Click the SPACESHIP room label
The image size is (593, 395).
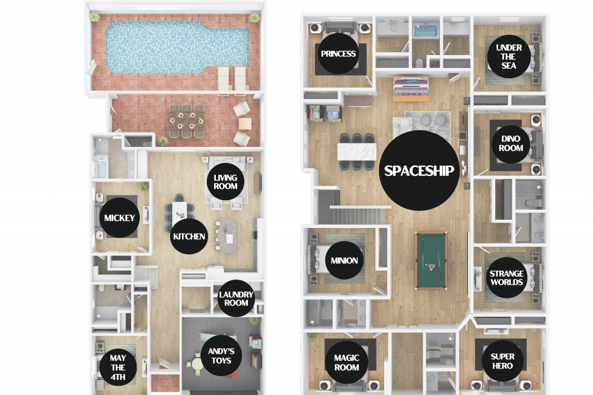[419, 171]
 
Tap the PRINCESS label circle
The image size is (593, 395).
[339, 54]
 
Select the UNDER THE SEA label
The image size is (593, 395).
[509, 57]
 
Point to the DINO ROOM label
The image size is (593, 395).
[511, 144]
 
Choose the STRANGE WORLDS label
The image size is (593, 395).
[506, 278]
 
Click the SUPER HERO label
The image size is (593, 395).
[503, 361]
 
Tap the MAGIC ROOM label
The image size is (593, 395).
[346, 362]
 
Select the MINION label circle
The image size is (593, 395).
[344, 260]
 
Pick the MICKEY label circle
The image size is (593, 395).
[120, 217]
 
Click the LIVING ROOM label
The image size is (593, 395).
[225, 182]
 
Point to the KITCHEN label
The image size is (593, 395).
[189, 236]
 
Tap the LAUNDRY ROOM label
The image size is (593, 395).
[236, 298]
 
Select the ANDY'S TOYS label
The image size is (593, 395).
[221, 356]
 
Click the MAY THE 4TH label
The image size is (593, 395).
[118, 367]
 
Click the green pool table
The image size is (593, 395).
[431, 261]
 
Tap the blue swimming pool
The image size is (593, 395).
[177, 47]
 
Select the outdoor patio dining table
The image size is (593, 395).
[186, 120]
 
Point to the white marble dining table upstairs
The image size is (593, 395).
[356, 152]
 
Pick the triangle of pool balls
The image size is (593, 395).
[431, 267]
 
